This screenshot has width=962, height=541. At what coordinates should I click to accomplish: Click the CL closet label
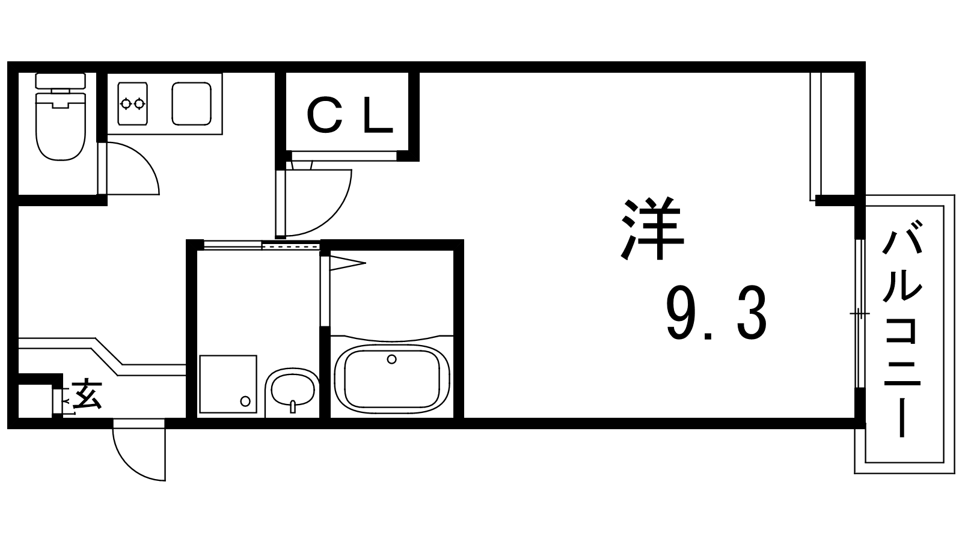click(x=350, y=116)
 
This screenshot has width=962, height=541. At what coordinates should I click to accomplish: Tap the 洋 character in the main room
click(x=653, y=230)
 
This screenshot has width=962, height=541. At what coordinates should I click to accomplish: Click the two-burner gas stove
click(x=132, y=103)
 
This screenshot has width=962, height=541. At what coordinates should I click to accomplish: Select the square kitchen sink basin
click(x=191, y=103)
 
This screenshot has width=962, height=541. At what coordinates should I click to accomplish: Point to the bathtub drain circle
click(x=392, y=359)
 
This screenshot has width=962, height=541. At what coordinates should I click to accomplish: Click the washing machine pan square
click(x=228, y=384)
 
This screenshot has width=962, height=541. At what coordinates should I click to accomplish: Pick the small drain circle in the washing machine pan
click(x=245, y=401)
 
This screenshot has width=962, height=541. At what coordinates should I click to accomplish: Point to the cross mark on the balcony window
click(x=859, y=314)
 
